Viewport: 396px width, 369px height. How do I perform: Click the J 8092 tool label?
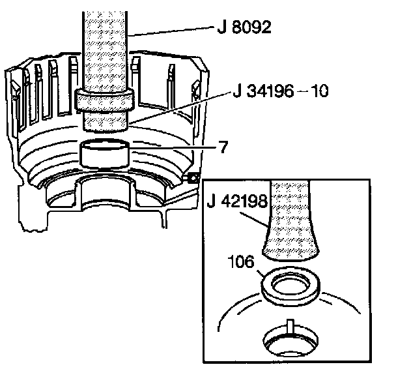(244, 27)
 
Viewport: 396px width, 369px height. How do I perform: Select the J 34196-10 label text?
(281, 91)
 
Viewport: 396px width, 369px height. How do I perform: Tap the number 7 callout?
(223, 147)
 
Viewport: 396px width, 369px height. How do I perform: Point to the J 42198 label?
(237, 201)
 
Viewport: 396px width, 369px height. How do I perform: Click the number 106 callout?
(241, 261)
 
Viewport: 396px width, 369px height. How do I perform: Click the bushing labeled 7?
(104, 153)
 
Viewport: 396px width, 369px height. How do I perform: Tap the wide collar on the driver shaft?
(104, 100)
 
